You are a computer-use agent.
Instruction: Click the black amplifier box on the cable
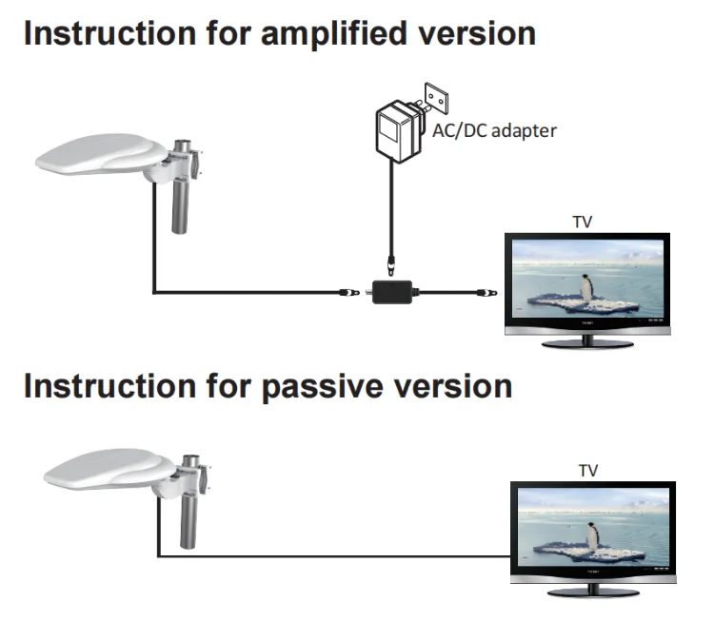coord(391,292)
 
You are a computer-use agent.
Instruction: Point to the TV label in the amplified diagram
coord(584,222)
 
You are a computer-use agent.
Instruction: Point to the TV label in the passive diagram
coord(590,470)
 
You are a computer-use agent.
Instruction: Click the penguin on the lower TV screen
coord(593,536)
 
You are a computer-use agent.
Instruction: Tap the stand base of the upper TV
coord(587,341)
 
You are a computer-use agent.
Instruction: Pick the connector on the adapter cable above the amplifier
coord(389,262)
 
